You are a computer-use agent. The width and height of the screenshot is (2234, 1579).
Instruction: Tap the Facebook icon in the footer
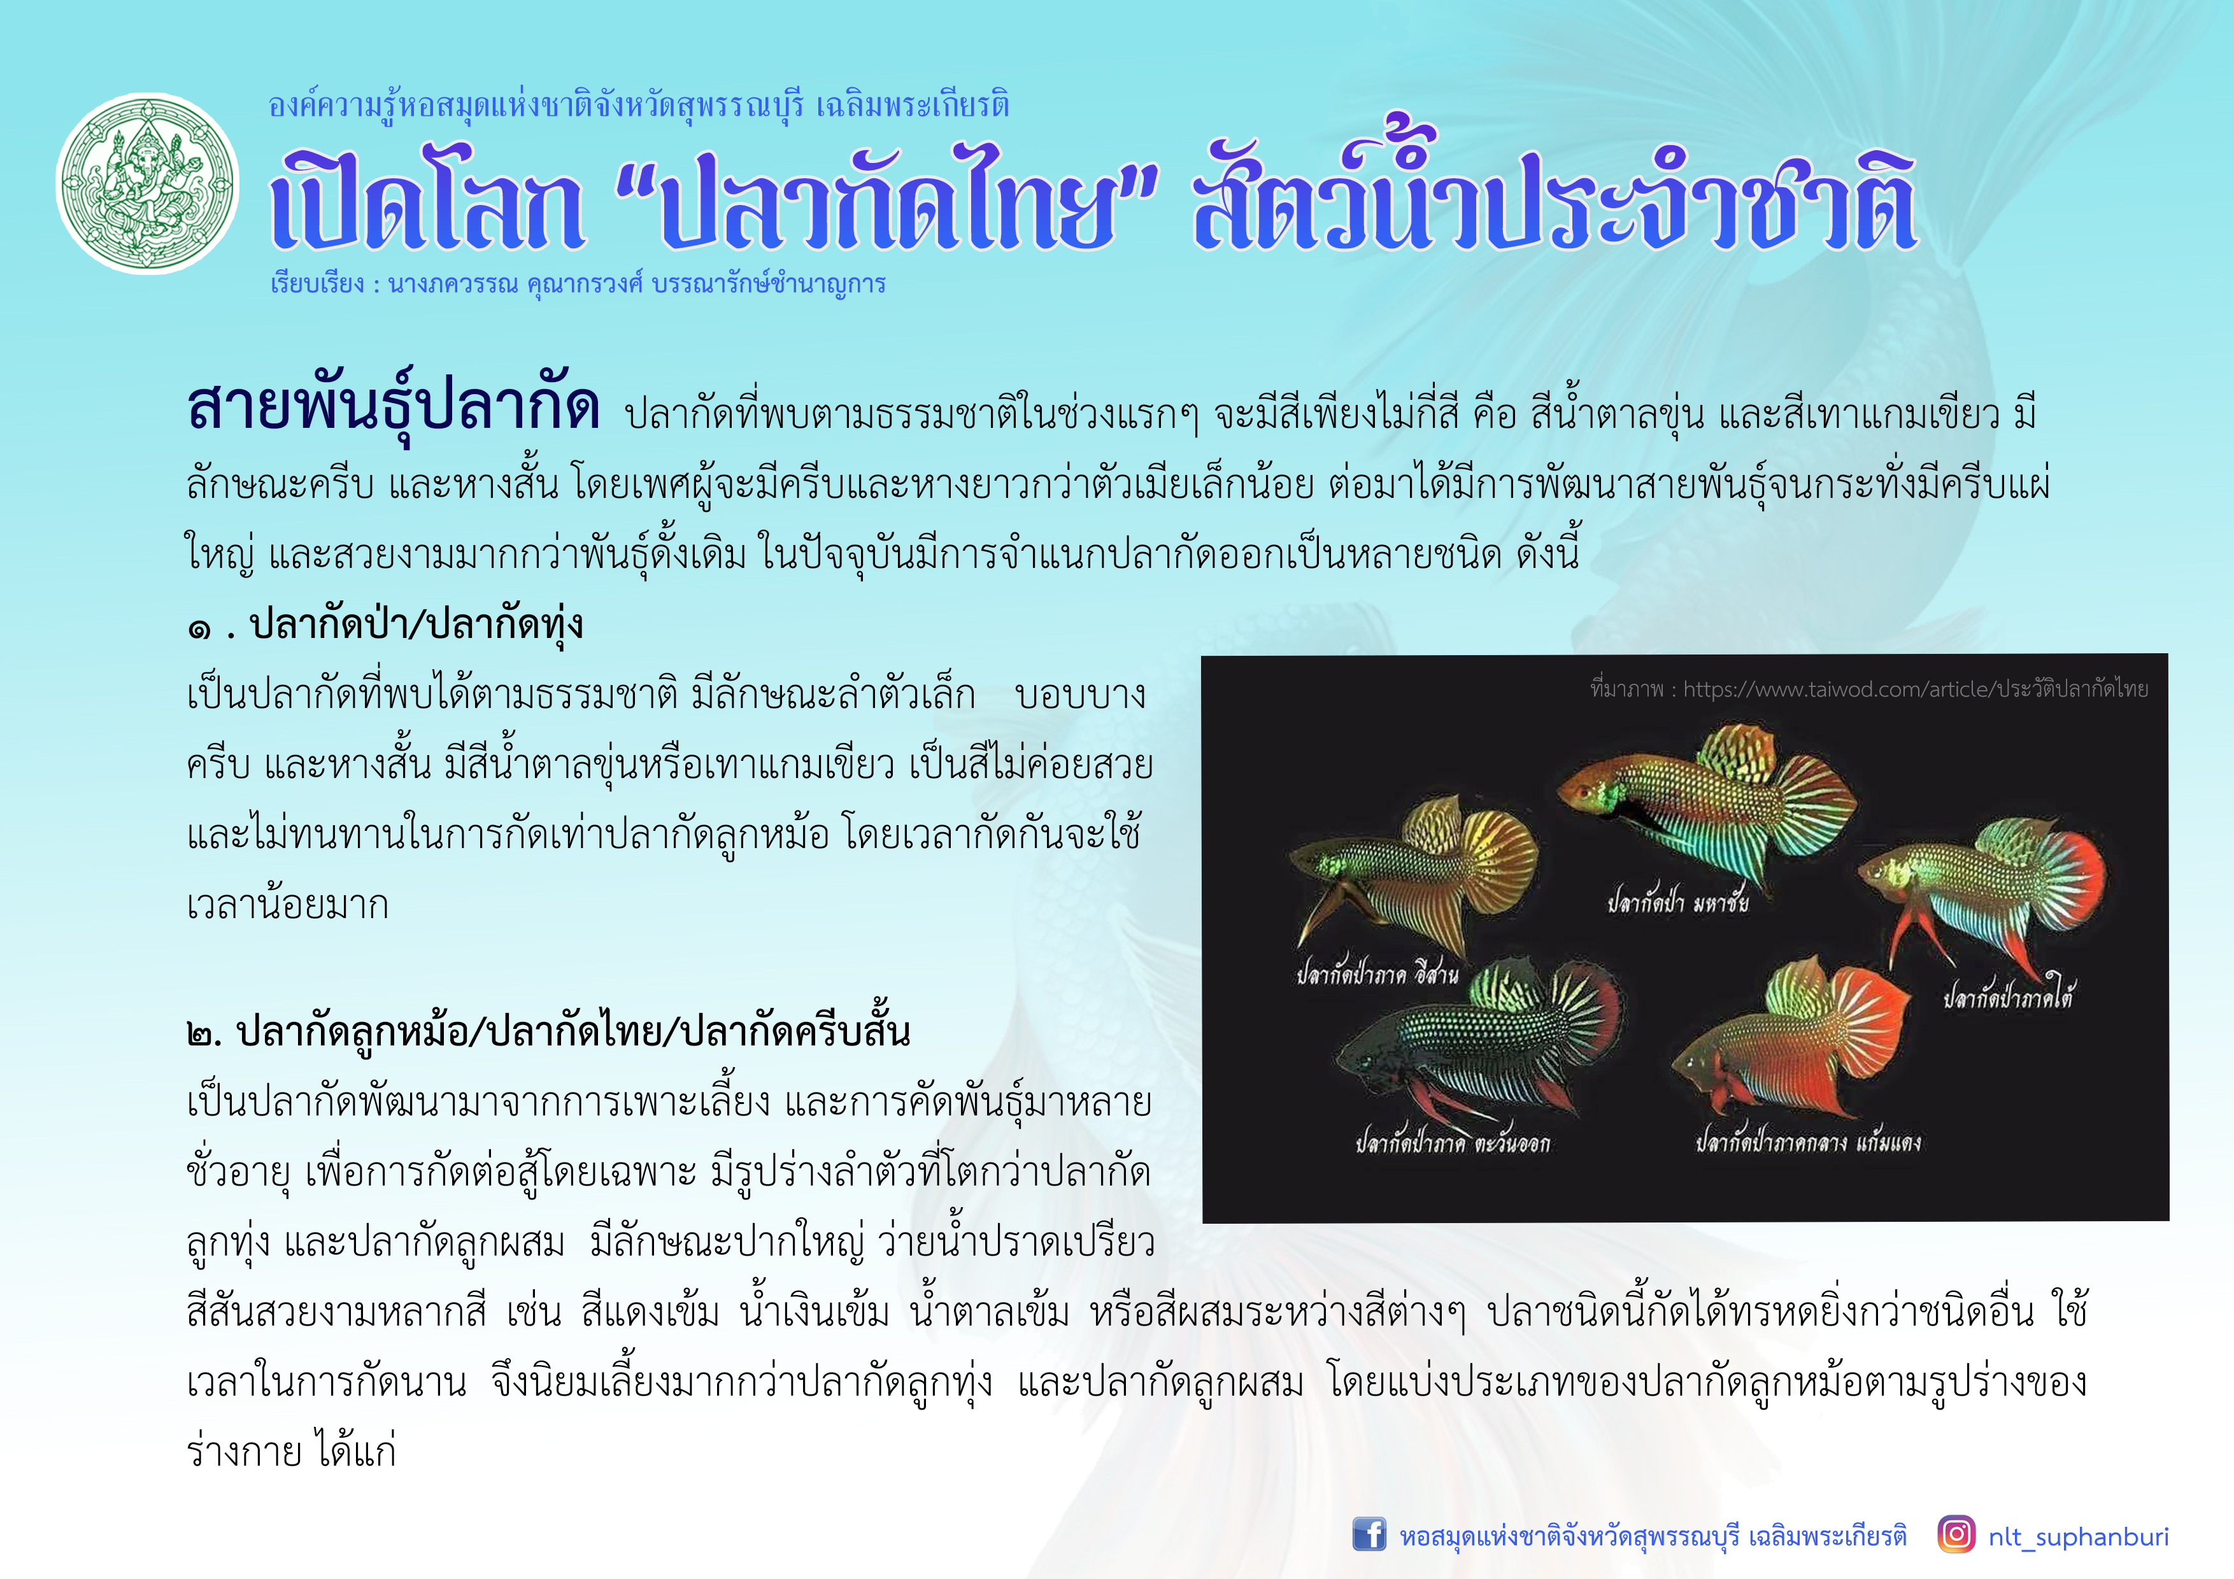click(x=1369, y=1534)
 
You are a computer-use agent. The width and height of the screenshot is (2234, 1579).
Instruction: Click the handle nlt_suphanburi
click(x=2079, y=1536)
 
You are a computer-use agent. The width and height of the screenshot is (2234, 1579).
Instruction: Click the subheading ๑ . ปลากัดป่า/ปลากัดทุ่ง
click(x=385, y=623)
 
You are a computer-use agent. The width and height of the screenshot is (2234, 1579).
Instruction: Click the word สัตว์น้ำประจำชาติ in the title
click(x=1555, y=195)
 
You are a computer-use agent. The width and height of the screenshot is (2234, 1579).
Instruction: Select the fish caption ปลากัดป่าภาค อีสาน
click(x=1377, y=972)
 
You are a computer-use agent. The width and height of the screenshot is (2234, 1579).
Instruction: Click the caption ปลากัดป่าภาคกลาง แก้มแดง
click(x=1808, y=1140)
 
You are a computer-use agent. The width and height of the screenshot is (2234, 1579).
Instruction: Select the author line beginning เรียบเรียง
click(x=578, y=284)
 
